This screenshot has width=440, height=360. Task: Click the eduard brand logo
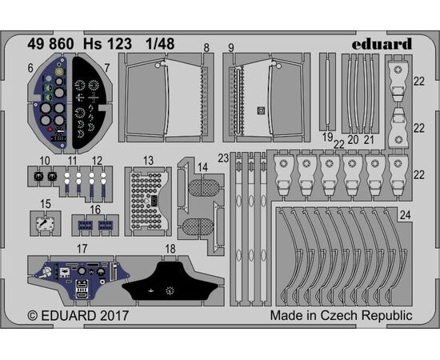point(382,44)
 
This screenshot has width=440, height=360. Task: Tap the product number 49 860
point(50,44)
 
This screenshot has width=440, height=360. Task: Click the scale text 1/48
point(160,44)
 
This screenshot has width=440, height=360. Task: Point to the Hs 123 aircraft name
point(107,44)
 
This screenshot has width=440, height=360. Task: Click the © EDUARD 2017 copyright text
point(78,316)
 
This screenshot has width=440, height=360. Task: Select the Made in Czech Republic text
point(342,315)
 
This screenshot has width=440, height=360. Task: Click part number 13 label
point(148,161)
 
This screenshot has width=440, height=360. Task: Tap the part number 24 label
point(406,215)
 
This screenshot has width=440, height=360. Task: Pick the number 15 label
point(46,204)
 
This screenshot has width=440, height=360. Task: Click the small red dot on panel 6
point(50,130)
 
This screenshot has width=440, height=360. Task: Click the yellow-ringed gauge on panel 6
point(59,72)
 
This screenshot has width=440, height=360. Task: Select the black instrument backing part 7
point(89,103)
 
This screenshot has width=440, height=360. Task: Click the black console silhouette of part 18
point(170,282)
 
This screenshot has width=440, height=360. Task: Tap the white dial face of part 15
point(45,224)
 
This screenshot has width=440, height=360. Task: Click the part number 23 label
point(223,158)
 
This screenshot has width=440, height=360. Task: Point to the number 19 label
point(327,138)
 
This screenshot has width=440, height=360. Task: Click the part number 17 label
point(82,249)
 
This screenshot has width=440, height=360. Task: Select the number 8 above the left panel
point(206,48)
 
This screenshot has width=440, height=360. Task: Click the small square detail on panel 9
point(261,110)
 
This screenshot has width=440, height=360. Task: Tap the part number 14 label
point(202,167)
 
